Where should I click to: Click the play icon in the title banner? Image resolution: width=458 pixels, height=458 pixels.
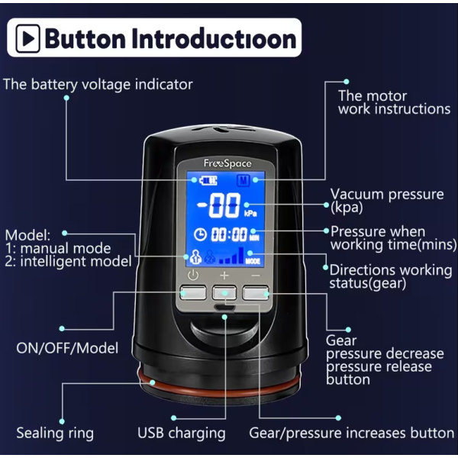(27, 39)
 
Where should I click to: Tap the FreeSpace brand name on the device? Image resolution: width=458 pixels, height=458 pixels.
(227, 163)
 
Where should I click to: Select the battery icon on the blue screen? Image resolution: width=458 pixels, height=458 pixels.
(208, 180)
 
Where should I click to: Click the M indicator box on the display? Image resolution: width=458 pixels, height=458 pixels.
(244, 180)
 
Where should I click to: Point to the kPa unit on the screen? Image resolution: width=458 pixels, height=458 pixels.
(250, 214)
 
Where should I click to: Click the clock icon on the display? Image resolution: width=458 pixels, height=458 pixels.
(200, 234)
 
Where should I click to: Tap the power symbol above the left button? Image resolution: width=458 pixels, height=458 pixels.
(193, 275)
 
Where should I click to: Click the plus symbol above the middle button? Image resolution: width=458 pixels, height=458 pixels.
(224, 275)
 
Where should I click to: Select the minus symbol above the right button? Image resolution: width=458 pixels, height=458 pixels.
(256, 276)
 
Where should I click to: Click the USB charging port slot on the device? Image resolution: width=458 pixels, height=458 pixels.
(224, 307)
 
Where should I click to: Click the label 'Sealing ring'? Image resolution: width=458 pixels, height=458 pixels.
(55, 433)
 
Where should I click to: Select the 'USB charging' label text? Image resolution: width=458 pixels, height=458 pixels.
(182, 433)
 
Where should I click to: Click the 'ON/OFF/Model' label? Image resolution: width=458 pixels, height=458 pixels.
(67, 348)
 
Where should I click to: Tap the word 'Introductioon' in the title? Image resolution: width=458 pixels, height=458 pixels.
(214, 39)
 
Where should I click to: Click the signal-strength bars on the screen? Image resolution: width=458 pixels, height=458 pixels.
(231, 256)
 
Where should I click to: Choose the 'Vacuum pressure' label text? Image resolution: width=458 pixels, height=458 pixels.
(387, 194)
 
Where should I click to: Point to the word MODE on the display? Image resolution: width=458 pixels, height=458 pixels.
(253, 261)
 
